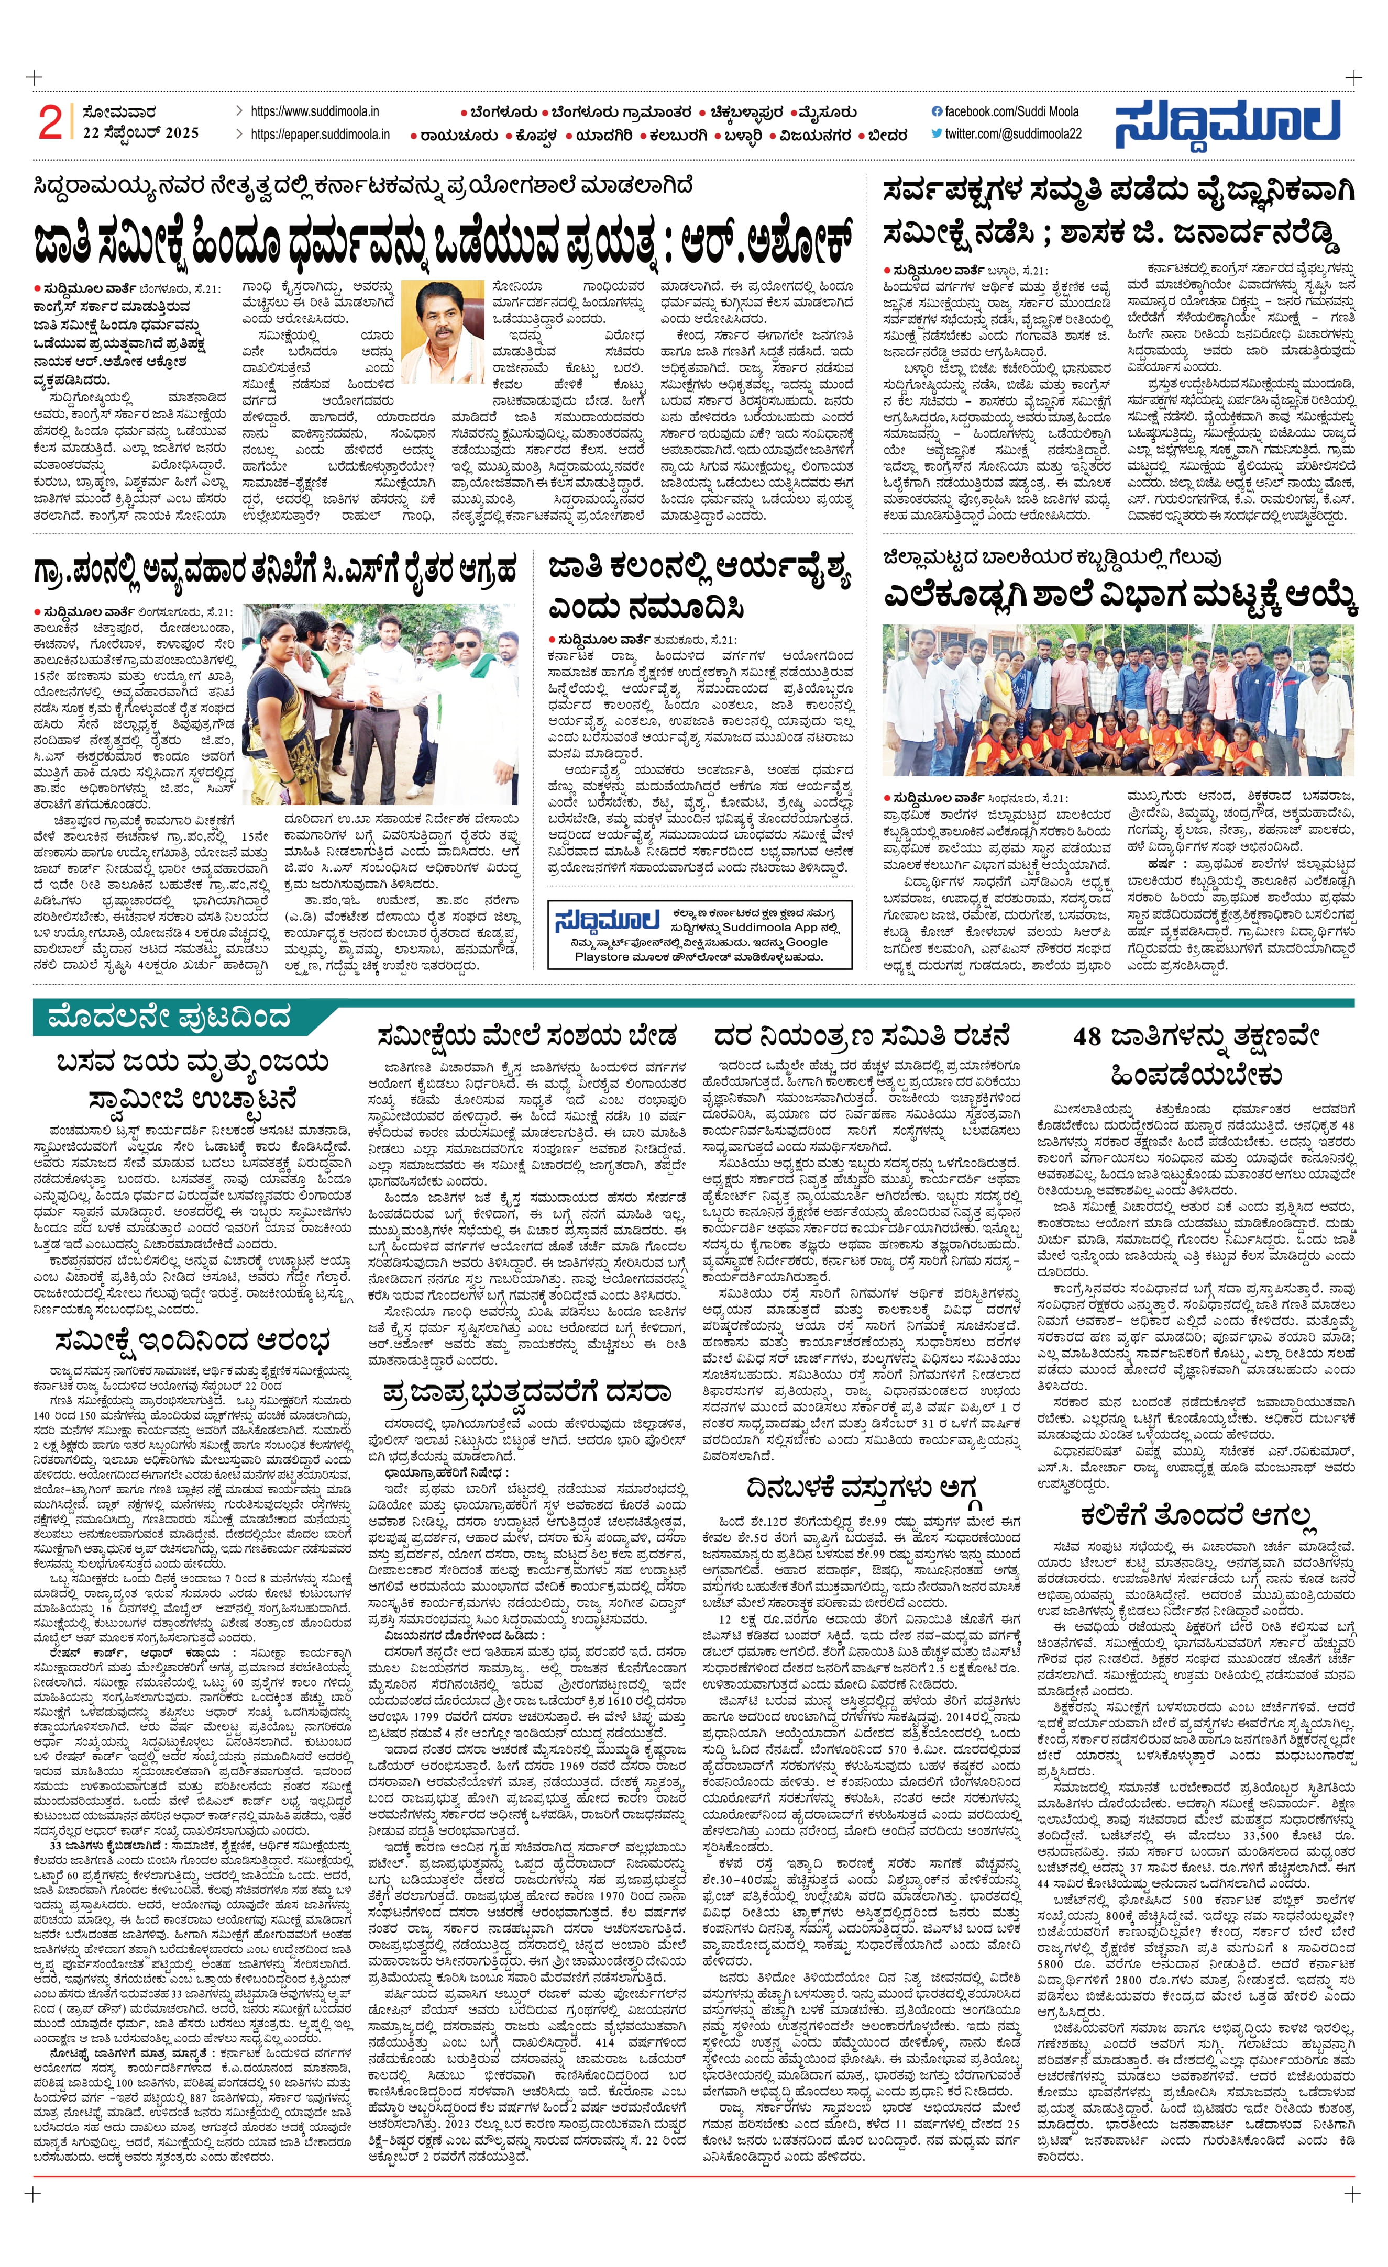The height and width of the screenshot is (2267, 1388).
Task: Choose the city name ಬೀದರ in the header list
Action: click(887, 135)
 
